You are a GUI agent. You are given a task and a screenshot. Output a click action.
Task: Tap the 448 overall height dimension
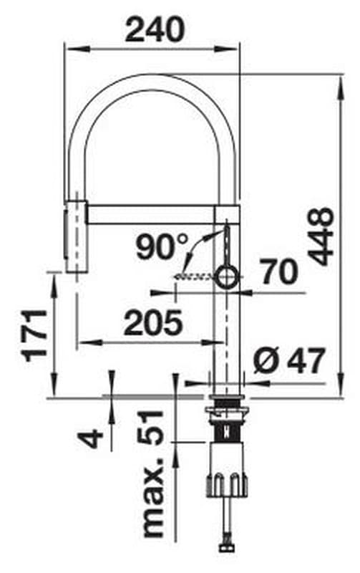[321, 236]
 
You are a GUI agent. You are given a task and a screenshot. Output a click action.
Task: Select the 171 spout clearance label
[35, 335]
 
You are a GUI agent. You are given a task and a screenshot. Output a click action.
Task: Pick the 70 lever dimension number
[280, 271]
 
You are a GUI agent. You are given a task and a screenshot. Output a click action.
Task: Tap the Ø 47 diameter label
[289, 361]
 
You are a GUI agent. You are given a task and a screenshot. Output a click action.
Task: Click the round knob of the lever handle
[226, 277]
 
